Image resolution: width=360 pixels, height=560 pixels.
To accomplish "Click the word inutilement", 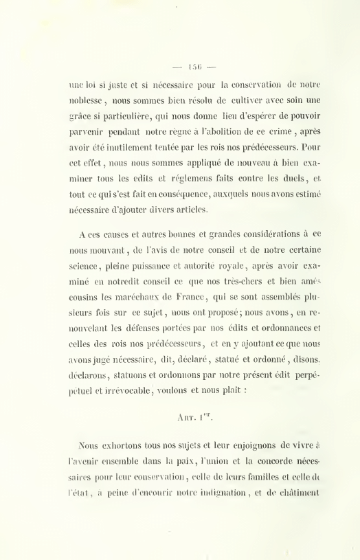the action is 148,146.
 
